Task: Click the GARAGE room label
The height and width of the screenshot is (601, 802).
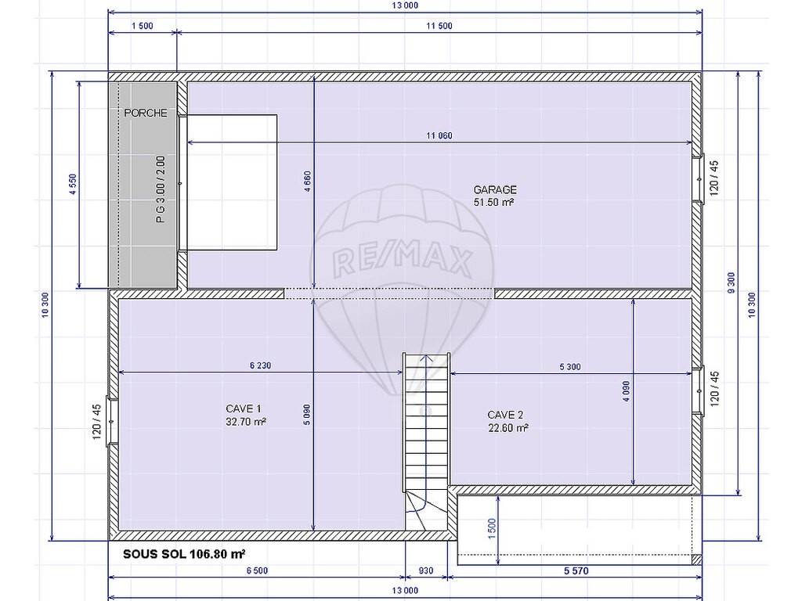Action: [495, 189]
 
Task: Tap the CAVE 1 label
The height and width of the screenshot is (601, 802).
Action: [244, 408]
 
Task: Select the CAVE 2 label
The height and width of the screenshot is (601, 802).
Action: [505, 415]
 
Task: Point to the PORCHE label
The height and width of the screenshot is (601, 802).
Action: [146, 113]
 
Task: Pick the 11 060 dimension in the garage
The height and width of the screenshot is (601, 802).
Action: [439, 135]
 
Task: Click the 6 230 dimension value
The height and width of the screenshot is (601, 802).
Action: [260, 365]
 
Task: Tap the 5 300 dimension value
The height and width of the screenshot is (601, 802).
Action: [570, 366]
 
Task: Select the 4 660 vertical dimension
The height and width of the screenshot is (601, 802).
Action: [307, 182]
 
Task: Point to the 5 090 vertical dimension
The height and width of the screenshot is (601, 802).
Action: [307, 415]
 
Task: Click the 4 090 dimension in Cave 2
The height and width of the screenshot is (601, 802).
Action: [627, 391]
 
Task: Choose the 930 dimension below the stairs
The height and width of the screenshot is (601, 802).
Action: [426, 570]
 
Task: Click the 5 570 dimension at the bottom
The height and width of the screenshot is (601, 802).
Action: [576, 570]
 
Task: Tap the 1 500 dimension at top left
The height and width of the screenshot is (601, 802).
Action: [143, 26]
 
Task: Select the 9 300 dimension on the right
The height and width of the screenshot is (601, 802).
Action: [731, 283]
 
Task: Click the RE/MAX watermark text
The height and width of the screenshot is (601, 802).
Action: [402, 260]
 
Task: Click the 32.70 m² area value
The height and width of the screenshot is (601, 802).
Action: [245, 422]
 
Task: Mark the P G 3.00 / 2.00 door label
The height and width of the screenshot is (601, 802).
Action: [161, 189]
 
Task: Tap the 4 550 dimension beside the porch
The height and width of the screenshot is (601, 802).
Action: [72, 185]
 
